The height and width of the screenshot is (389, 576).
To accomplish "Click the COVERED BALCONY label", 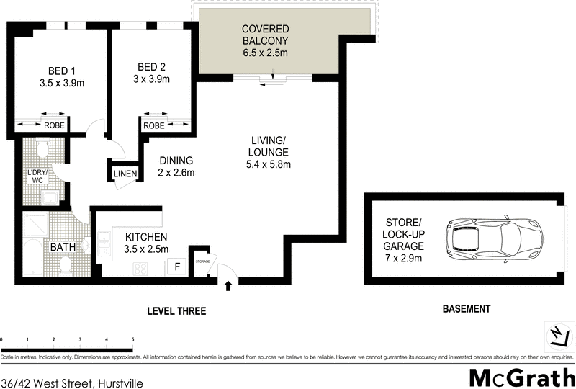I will tap(264, 41).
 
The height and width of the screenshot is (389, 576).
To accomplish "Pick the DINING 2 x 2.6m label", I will tap(176, 167).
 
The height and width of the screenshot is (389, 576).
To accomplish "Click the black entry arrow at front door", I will tap(229, 286).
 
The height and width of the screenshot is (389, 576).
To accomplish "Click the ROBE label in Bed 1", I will tap(55, 125).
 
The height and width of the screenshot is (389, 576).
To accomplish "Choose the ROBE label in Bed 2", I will tap(153, 125).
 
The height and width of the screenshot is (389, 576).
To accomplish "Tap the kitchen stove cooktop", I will tap(141, 269).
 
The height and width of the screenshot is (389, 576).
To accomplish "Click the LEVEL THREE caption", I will tap(176, 311).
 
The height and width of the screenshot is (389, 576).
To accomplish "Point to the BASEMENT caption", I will tap(466, 309).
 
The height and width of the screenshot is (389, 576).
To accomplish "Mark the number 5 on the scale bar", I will tap(132, 339).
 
